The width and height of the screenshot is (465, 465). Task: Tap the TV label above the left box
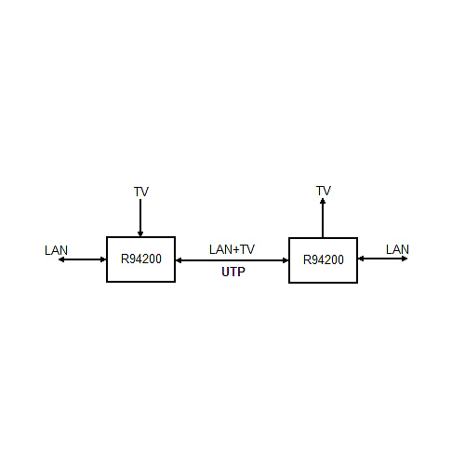[141, 192]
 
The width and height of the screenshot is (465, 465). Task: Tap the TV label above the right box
[324, 191]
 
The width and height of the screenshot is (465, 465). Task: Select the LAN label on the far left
[56, 250]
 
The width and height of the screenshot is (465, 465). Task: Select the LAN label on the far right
[397, 249]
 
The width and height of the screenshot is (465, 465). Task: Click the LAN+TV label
[232, 249]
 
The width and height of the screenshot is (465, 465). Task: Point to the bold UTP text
[233, 272]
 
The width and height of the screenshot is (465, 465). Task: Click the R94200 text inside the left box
[141, 259]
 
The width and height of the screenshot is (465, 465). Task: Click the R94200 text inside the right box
[324, 259]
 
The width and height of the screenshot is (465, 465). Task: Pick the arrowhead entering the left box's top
[140, 234]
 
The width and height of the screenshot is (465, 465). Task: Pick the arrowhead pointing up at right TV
[323, 201]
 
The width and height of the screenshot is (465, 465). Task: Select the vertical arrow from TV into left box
[140, 218]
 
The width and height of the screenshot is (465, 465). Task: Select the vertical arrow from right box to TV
[323, 218]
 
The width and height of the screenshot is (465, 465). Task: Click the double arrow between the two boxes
[232, 260]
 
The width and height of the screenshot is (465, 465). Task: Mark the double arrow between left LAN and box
[83, 259]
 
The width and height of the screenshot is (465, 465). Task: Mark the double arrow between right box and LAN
[382, 259]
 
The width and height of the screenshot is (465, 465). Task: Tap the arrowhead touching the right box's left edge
[286, 260]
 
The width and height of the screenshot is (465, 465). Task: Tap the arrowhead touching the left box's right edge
[179, 260]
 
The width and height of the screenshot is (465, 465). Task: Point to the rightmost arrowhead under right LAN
[405, 259]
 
